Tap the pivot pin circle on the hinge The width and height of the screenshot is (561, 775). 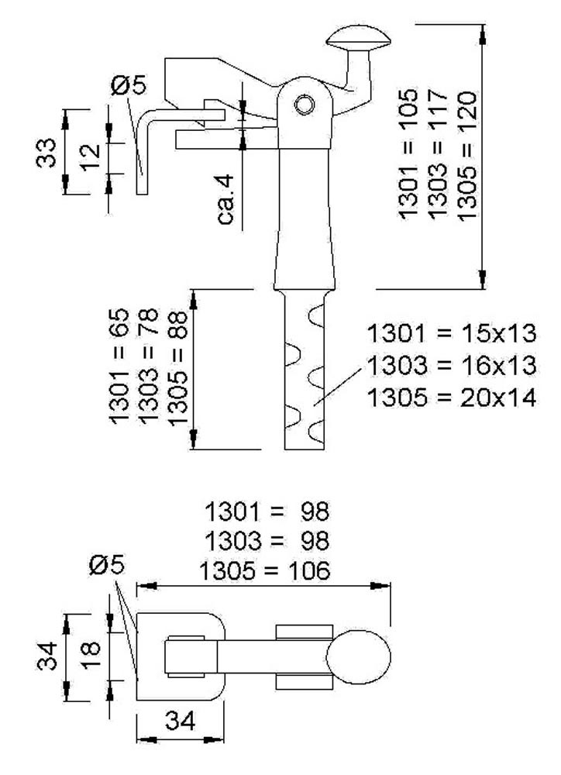pyautogui.click(x=304, y=103)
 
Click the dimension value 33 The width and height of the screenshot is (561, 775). pyautogui.click(x=47, y=152)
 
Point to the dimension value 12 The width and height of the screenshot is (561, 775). pyautogui.click(x=91, y=157)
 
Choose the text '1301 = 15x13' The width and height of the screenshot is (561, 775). pyautogui.click(x=452, y=334)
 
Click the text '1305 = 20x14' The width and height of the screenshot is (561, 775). pyautogui.click(x=452, y=398)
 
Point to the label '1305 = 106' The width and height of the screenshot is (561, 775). pyautogui.click(x=264, y=571)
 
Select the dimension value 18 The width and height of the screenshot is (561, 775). pyautogui.click(x=91, y=655)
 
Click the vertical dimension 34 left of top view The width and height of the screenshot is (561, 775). pyautogui.click(x=47, y=656)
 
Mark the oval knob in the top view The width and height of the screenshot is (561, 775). pyautogui.click(x=357, y=656)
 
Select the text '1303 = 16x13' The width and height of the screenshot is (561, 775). pyautogui.click(x=452, y=365)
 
